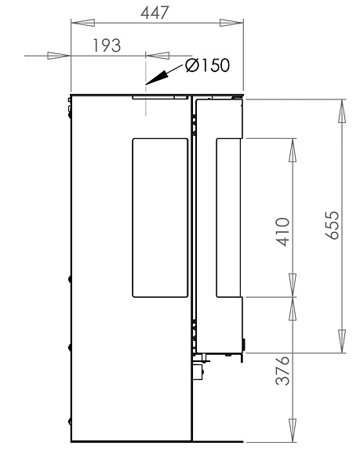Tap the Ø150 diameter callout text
[x=208, y=66]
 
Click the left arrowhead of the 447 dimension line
[x=82, y=24]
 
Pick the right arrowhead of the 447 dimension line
[x=231, y=24]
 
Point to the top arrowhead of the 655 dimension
[x=341, y=111]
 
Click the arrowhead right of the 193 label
[x=157, y=56]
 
